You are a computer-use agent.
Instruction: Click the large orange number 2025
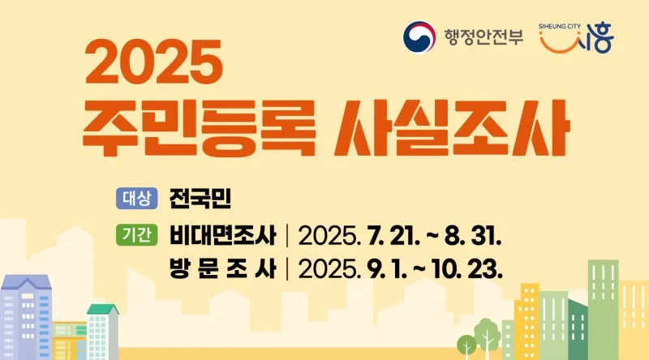(x=154, y=62)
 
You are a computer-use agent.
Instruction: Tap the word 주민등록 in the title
(x=199, y=128)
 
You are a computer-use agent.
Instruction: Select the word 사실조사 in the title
(x=452, y=128)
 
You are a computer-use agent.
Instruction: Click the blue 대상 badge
(x=136, y=198)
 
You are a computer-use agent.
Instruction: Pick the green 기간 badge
(x=136, y=235)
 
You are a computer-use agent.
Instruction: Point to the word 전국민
(x=200, y=199)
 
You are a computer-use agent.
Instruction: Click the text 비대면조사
(x=222, y=235)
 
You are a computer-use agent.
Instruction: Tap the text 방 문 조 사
(x=222, y=268)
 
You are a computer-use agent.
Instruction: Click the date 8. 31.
(x=473, y=236)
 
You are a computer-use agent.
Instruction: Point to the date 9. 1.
(x=387, y=269)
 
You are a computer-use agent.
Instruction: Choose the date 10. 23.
(x=467, y=269)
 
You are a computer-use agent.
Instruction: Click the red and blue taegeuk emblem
(x=419, y=37)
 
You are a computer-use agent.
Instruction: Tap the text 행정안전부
(x=484, y=36)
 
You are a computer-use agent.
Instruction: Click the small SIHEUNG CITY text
(x=560, y=26)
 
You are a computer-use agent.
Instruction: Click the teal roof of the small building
(x=103, y=309)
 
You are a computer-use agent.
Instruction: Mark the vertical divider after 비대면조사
(x=287, y=235)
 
